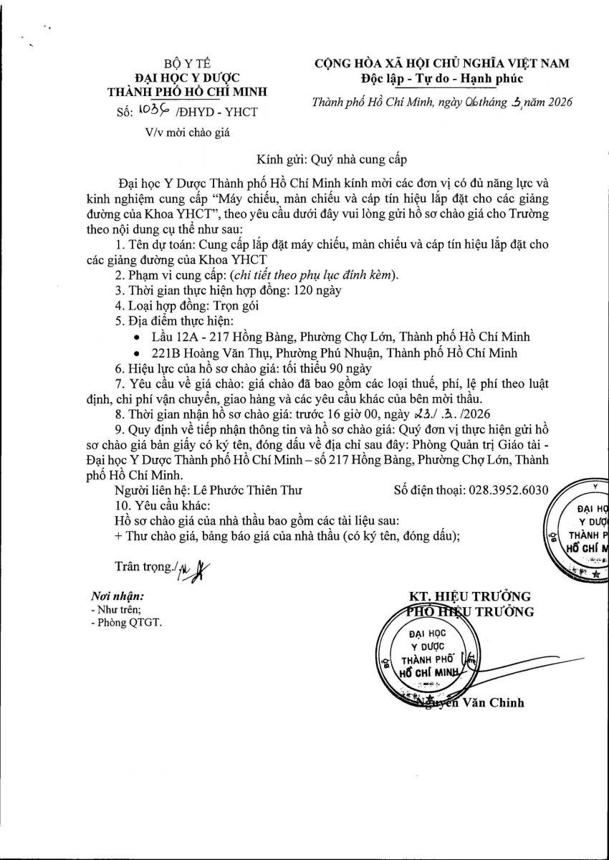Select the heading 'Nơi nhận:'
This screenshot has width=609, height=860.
[118, 596]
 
